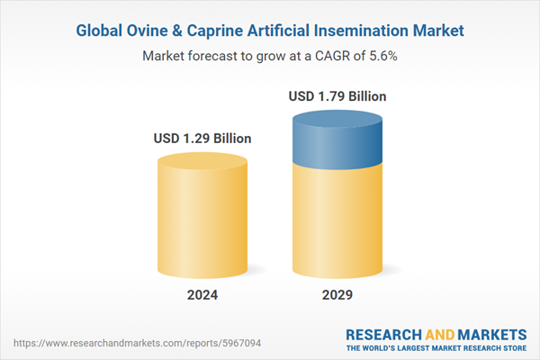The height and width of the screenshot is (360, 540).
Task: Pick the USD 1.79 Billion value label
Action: [x=338, y=95]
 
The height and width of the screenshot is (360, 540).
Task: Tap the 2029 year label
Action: [x=338, y=295]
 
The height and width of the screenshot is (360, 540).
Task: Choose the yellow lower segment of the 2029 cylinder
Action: [x=338, y=220]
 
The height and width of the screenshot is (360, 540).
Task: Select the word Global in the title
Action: [x=101, y=31]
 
